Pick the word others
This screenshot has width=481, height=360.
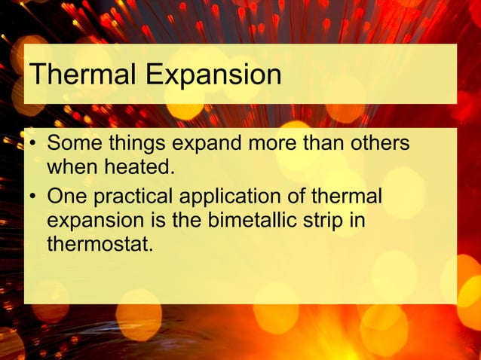click(x=381, y=142)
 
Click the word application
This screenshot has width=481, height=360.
click(x=229, y=197)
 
